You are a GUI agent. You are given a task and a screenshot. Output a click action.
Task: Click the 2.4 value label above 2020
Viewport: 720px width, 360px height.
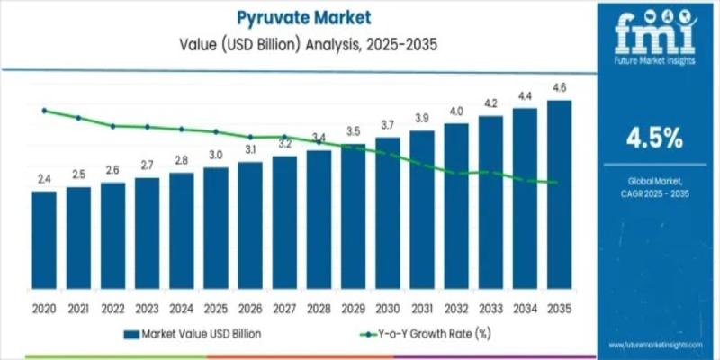point(44,181)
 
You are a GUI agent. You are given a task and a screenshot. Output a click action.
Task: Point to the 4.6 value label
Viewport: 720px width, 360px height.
point(559,88)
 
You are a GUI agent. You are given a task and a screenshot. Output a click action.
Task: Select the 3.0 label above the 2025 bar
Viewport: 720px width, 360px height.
point(216,156)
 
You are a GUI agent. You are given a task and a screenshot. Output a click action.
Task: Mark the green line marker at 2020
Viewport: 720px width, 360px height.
point(44,111)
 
